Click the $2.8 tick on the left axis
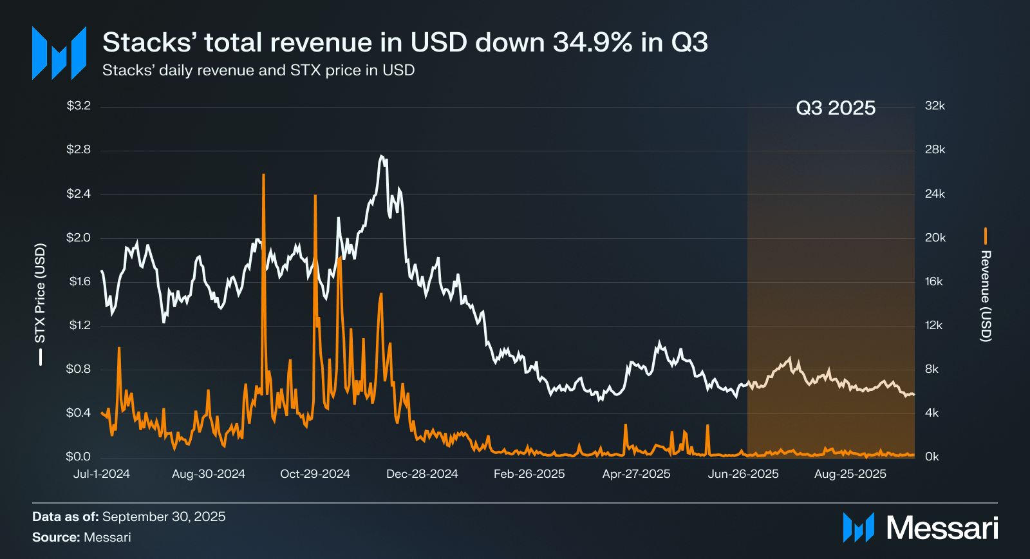79,150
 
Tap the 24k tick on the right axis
935,194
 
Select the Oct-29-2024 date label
315,474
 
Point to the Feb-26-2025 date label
529,474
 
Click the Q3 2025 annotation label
836,108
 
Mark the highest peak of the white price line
381,156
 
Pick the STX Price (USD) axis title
40,293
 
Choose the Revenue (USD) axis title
986,296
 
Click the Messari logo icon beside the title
59,53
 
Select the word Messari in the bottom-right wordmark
942,528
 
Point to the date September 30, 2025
164,516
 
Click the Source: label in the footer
56,537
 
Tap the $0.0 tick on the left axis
79,457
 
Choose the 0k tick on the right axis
932,457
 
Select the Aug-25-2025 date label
850,474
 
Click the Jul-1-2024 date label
102,474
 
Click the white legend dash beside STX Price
41,357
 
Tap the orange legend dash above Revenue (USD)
986,236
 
